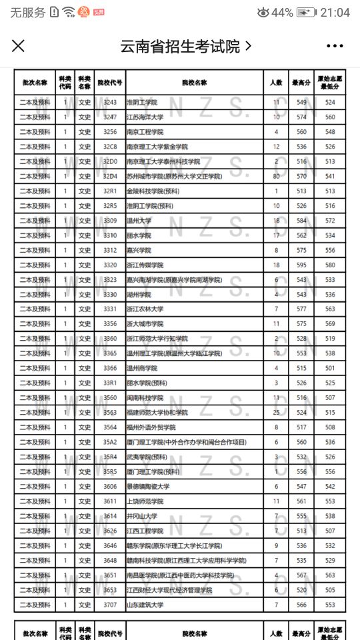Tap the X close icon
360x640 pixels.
[x=18, y=45]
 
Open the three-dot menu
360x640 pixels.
[x=335, y=46]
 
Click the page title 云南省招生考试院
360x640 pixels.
[x=179, y=46]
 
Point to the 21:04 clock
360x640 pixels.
[x=335, y=13]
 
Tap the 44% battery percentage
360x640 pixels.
[x=282, y=13]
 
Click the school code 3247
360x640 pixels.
[x=110, y=117]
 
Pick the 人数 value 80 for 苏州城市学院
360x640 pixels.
[x=276, y=177]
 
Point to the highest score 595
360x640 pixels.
[x=302, y=265]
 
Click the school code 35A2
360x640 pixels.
[x=110, y=442]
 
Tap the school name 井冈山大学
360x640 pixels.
[x=141, y=516]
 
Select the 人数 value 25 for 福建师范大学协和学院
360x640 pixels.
[x=276, y=413]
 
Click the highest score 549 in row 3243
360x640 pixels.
[x=302, y=103]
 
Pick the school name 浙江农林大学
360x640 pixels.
[x=145, y=309]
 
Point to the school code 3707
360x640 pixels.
[x=110, y=605]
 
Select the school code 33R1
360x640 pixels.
[x=110, y=383]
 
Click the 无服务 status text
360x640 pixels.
[x=28, y=13]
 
